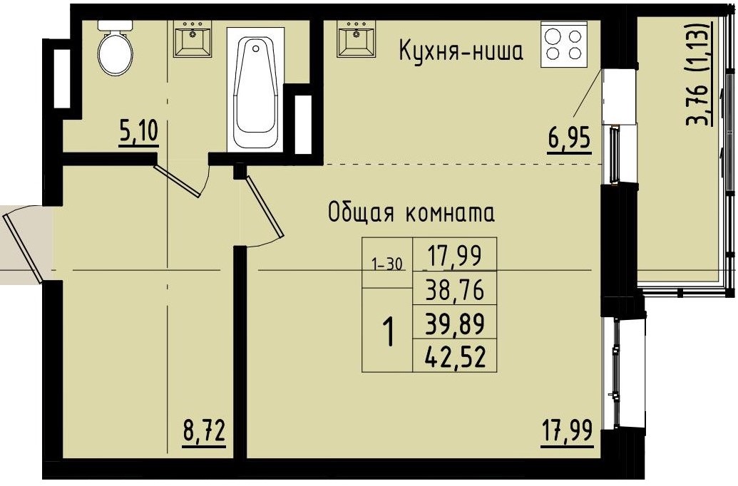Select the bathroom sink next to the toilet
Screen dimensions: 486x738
click(x=193, y=38)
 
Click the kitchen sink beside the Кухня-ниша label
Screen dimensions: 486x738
click(x=356, y=38)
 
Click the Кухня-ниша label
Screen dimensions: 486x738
click(x=461, y=51)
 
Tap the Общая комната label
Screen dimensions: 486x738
click(x=411, y=212)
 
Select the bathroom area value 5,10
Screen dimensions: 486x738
click(x=138, y=133)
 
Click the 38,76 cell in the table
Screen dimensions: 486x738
click(x=454, y=290)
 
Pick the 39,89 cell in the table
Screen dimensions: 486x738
click(x=454, y=324)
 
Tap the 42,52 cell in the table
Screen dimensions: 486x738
click(x=454, y=356)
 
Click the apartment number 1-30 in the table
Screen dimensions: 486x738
click(x=387, y=264)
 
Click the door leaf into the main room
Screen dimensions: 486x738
click(x=265, y=207)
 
